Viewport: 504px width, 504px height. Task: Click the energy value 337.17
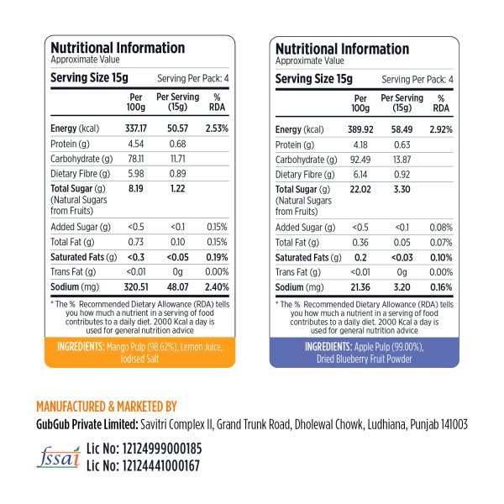[x=136, y=129]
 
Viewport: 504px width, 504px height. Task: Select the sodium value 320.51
[x=135, y=286]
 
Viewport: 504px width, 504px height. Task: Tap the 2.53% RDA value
[x=216, y=129]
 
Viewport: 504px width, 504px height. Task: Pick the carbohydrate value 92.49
[x=360, y=159]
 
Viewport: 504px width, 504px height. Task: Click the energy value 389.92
[x=360, y=129]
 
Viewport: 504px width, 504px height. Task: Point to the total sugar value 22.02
[x=360, y=189]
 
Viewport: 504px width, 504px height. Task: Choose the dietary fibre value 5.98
[x=136, y=174]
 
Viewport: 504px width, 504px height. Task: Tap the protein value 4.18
[x=360, y=144]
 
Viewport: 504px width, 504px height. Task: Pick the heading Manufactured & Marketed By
[x=107, y=407]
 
